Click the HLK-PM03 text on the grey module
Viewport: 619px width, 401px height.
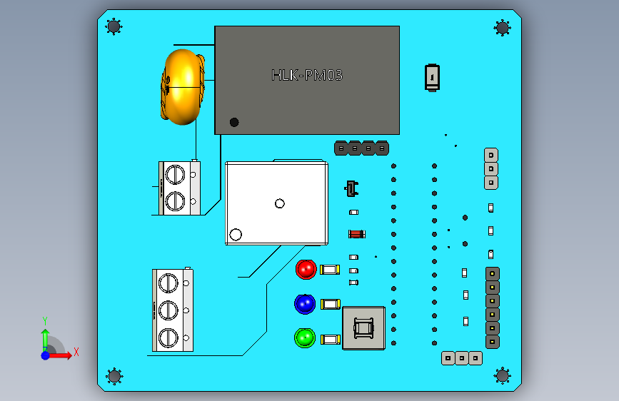tap(307, 75)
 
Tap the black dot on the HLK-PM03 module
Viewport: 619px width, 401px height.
tap(234, 122)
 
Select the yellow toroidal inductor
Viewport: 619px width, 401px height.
tap(182, 87)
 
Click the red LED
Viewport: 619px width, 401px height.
tap(306, 270)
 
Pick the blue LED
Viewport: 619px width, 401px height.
tap(305, 304)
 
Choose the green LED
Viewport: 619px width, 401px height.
tap(305, 337)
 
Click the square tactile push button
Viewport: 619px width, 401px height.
tap(363, 328)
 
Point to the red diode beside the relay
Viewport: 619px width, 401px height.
tap(357, 234)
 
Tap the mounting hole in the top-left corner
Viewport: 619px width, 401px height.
tap(114, 27)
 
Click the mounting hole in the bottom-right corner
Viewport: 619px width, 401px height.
tap(503, 375)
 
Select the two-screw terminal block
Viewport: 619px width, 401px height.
tap(179, 188)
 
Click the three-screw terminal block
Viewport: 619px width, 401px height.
tap(173, 310)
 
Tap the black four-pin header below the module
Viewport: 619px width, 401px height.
tap(361, 148)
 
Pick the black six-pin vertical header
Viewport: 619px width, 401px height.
tap(493, 308)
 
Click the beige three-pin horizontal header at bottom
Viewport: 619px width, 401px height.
tap(462, 358)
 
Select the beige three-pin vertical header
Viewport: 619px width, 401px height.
tap(491, 169)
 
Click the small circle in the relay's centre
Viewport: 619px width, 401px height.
tap(279, 203)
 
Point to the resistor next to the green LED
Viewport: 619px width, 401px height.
tap(331, 340)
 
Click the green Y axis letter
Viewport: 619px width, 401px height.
tap(45, 321)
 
